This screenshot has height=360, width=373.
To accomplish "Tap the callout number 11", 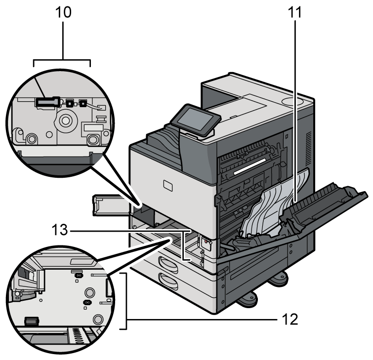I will point(295,13).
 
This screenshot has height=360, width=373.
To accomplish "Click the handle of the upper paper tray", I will point(166,262).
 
